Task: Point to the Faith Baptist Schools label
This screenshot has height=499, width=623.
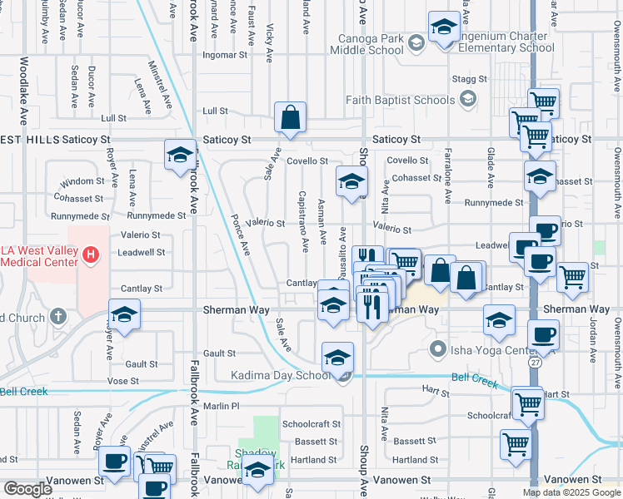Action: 401,100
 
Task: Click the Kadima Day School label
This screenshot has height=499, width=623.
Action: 282,376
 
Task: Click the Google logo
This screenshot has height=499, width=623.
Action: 27,489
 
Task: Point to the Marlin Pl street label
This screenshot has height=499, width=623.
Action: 222,406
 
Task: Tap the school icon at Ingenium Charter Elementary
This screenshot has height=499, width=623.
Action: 444,28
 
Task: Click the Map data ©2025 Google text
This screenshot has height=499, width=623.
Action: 571,492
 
